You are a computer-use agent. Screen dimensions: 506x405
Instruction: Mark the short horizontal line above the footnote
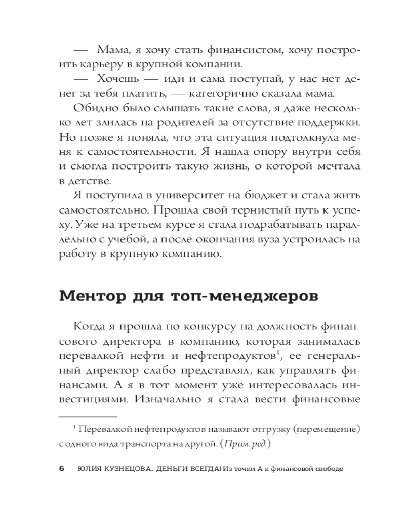(88, 417)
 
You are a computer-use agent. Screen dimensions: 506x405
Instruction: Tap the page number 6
(62, 468)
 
